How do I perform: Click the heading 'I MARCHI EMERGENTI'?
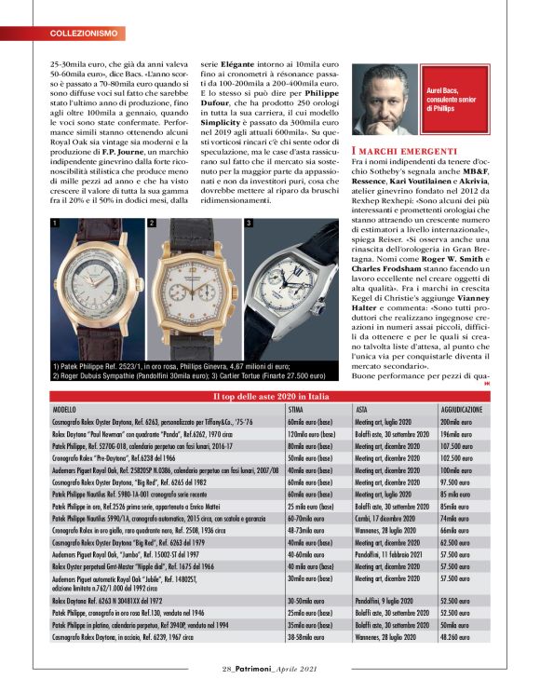pos(405,151)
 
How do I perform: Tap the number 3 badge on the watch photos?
pos(249,224)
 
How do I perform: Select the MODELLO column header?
pos(65,409)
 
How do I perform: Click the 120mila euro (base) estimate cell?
pos(310,433)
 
